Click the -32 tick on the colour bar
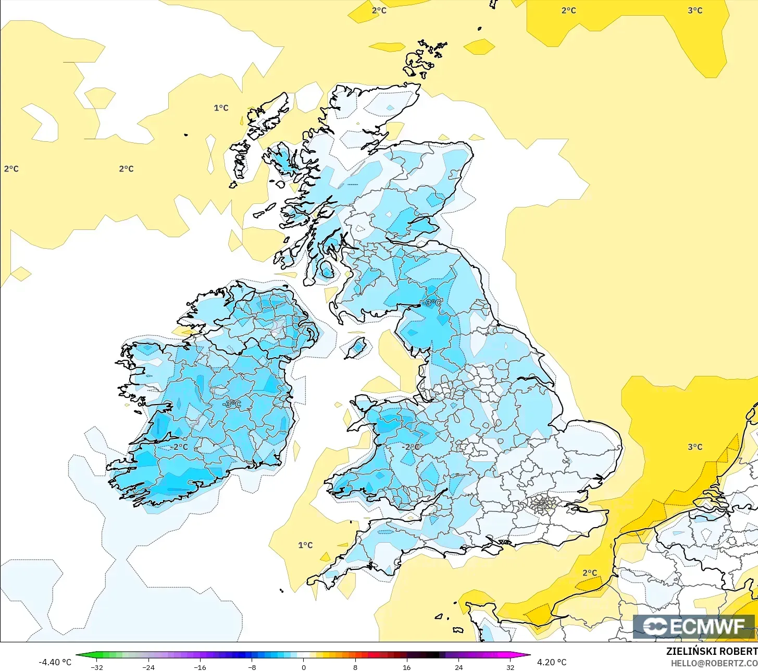pyautogui.click(x=97, y=667)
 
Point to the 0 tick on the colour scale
pyautogui.click(x=303, y=667)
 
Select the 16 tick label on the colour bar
pyautogui.click(x=407, y=667)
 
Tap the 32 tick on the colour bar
pyautogui.click(x=510, y=667)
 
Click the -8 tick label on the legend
pyautogui.click(x=252, y=667)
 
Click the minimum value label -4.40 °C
pyautogui.click(x=55, y=662)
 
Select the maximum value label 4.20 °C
pyautogui.click(x=552, y=662)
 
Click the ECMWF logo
pyautogui.click(x=693, y=626)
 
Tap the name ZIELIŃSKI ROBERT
pyautogui.click(x=712, y=651)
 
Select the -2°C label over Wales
pyautogui.click(x=411, y=447)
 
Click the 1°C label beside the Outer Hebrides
pyautogui.click(x=221, y=108)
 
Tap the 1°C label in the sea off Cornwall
pyautogui.click(x=305, y=545)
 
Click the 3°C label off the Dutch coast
pyautogui.click(x=695, y=447)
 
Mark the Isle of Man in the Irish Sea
pyautogui.click(x=357, y=347)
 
